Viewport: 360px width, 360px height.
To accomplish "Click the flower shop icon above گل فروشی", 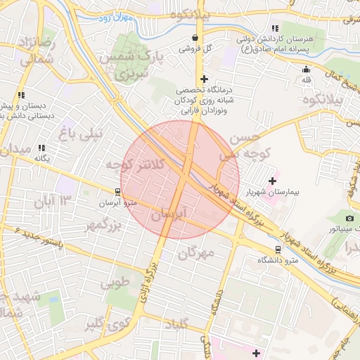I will (x=195, y=37).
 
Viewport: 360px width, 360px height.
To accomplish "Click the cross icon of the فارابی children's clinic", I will (x=204, y=79).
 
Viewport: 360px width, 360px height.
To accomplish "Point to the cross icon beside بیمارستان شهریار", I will (x=273, y=181).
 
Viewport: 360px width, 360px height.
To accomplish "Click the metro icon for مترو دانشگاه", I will (x=278, y=249).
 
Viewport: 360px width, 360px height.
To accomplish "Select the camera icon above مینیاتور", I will (x=349, y=218).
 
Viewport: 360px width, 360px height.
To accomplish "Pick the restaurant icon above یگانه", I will (x=41, y=148).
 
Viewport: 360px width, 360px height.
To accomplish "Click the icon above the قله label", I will (x=305, y=69).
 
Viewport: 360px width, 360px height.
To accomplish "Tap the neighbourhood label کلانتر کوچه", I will (x=135, y=164).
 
